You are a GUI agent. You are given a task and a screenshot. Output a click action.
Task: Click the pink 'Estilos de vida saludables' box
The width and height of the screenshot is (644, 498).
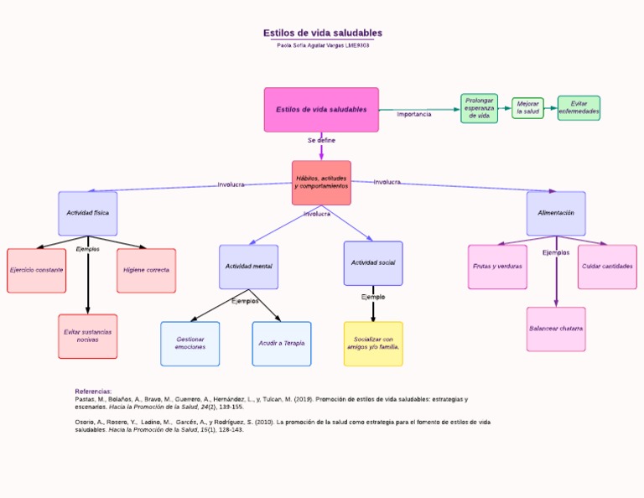(x=321, y=110)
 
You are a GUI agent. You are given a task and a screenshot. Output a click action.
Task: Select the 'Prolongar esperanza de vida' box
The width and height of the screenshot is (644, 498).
(x=479, y=108)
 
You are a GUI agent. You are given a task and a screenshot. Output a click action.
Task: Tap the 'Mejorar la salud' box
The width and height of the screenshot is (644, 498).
(x=527, y=108)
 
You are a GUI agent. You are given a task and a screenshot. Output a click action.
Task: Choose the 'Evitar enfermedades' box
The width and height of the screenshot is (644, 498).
(x=579, y=108)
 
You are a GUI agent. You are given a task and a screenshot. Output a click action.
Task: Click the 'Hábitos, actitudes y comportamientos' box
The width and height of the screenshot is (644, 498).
(x=321, y=183)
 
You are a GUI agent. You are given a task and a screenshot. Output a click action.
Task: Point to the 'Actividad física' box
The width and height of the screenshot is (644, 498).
(x=88, y=213)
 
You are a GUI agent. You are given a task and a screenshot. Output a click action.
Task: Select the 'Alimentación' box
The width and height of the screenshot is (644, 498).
(x=556, y=213)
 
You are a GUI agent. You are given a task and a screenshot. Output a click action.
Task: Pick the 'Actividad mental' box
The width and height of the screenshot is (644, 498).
(x=248, y=267)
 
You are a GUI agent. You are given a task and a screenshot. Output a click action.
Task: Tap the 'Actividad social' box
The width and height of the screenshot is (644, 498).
(x=373, y=263)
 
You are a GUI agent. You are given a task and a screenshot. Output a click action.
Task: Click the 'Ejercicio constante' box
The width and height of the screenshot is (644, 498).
(x=37, y=271)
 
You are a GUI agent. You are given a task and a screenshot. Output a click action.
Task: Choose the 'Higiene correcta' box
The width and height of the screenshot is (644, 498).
(x=146, y=271)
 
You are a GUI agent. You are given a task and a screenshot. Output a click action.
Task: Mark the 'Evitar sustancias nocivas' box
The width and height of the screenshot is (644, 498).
(x=88, y=336)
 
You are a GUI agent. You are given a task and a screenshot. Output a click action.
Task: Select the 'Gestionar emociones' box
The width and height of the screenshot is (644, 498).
(x=190, y=344)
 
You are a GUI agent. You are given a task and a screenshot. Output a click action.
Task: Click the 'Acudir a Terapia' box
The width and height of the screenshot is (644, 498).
(x=282, y=344)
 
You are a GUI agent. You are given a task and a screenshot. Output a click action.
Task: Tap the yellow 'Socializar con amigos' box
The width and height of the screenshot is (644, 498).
(x=373, y=344)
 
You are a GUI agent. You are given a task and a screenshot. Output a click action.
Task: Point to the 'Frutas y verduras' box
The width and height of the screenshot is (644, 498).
(x=497, y=267)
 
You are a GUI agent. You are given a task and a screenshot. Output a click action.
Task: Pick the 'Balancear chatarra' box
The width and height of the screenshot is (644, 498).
(x=556, y=329)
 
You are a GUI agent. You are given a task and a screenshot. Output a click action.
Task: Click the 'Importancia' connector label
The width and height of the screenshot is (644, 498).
(x=414, y=114)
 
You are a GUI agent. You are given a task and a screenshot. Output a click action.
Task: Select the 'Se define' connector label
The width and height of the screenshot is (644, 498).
(x=321, y=140)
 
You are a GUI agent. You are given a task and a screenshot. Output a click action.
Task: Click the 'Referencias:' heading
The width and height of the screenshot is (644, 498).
(x=93, y=392)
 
